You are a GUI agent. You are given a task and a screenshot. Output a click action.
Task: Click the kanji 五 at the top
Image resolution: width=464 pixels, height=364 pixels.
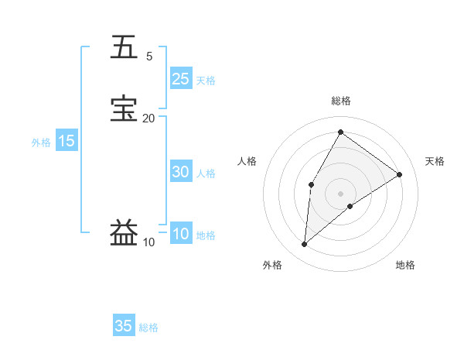(x=125, y=47)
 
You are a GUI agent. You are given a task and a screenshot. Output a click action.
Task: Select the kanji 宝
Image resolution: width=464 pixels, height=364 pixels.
(x=125, y=108)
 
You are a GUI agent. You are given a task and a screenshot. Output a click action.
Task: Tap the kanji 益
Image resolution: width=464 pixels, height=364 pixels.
(x=125, y=232)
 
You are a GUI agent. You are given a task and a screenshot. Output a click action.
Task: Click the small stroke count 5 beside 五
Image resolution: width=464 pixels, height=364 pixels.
(x=149, y=56)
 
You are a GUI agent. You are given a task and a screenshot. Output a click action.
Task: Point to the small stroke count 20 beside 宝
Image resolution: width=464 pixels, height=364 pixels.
(x=148, y=118)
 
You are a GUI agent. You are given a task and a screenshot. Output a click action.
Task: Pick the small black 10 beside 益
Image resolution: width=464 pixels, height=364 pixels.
(x=148, y=242)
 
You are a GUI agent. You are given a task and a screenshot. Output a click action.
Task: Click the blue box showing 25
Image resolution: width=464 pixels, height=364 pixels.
(x=180, y=79)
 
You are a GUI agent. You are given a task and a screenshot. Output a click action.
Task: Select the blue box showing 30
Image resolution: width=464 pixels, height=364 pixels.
(x=180, y=173)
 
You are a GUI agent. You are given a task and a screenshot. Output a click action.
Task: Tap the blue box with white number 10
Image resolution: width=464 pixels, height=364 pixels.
(x=180, y=235)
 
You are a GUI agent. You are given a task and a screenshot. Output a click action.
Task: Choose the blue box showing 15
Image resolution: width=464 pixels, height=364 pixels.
(x=67, y=141)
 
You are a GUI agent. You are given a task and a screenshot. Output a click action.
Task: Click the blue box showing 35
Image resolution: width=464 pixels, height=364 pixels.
(x=124, y=326)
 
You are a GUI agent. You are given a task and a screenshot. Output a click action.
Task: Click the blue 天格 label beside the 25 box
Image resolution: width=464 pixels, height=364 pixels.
(x=206, y=81)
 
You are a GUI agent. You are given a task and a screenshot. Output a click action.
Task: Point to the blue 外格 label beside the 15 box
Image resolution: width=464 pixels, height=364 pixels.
(x=41, y=143)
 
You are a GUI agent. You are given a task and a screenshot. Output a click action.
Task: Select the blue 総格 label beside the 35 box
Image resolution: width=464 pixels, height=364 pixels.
(x=148, y=328)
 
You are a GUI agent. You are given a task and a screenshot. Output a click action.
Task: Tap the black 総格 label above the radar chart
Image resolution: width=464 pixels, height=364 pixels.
(x=340, y=101)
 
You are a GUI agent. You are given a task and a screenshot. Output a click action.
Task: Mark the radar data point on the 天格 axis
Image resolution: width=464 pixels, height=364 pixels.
(x=400, y=174)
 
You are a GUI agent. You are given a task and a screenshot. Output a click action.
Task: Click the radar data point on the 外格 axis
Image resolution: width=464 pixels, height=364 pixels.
(x=305, y=245)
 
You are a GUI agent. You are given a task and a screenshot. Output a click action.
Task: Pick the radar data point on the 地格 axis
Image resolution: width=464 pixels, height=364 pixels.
(x=350, y=206)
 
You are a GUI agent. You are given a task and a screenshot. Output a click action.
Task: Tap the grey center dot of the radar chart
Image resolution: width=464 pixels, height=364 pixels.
(x=340, y=193)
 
